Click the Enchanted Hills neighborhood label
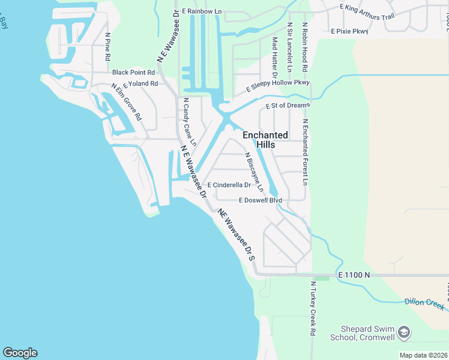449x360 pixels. pos(265,140)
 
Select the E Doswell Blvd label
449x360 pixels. pos(260,200)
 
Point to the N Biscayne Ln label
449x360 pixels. pos(253,172)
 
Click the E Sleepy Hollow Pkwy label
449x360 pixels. pos(279,86)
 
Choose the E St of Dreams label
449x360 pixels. pos(288,106)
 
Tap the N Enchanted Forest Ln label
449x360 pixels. pos(306,152)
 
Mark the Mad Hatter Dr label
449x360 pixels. pos(275,58)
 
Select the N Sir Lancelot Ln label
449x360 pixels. pos(290,46)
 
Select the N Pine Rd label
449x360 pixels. pos(108,47)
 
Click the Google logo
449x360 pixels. pos(20,353)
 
